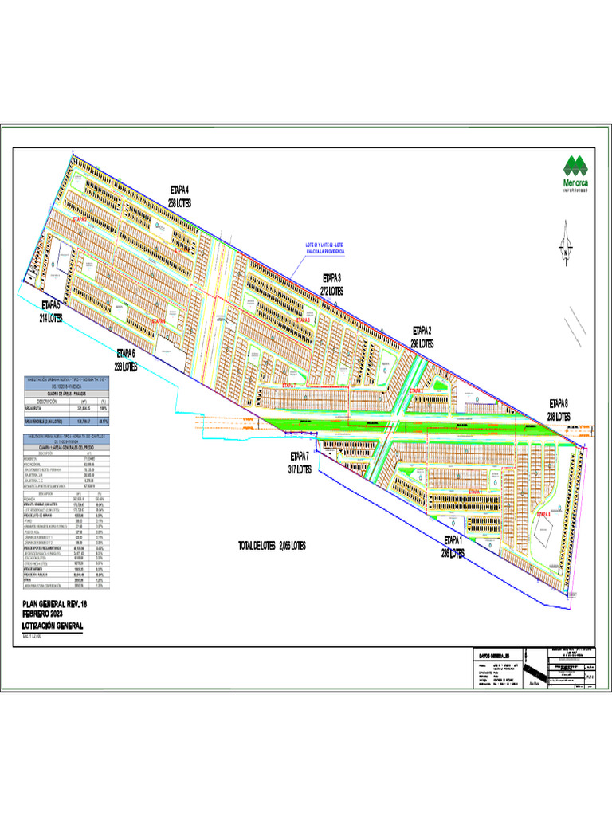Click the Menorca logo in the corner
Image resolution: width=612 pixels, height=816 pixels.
(575, 174)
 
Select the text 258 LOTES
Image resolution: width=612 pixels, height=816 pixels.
(184, 204)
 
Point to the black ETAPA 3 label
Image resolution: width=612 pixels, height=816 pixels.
(331, 277)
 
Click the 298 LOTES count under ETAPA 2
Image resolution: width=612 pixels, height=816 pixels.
(422, 343)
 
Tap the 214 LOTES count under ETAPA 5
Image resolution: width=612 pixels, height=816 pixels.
(52, 317)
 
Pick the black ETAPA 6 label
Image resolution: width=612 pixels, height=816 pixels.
(126, 353)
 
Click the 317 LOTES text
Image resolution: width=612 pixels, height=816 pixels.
(303, 470)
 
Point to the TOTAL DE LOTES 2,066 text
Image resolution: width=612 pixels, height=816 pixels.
(272, 545)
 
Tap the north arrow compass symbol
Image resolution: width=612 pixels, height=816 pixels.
(567, 244)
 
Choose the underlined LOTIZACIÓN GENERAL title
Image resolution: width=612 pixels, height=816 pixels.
(53, 627)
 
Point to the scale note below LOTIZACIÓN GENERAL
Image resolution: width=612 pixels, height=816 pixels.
(35, 636)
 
